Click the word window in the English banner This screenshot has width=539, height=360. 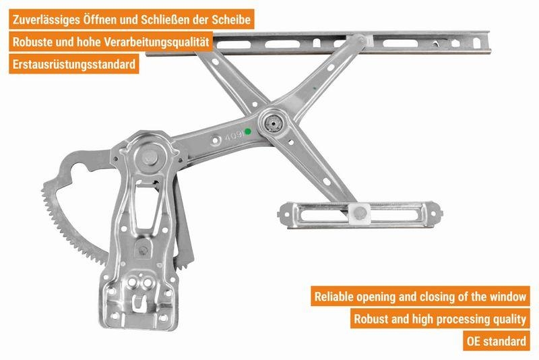[506, 296]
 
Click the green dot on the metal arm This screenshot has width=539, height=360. [248, 131]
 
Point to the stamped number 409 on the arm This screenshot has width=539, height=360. [233, 135]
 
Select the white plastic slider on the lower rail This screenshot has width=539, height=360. [360, 213]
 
